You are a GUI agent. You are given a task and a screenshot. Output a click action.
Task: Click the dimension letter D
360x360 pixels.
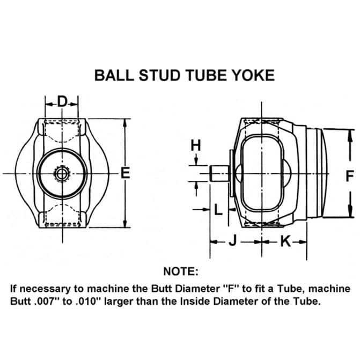point(62,101)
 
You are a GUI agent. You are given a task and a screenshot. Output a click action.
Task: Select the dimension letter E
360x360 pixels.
point(126,173)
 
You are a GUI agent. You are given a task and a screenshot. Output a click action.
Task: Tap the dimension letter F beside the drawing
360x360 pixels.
point(349,176)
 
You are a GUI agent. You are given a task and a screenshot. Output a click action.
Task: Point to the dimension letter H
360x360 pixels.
point(196,145)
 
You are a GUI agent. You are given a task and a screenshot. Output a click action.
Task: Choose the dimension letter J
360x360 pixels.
point(232,241)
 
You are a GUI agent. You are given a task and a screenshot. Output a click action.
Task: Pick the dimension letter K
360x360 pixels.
point(285,241)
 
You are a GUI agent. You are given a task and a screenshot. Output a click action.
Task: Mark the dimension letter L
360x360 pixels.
point(218,209)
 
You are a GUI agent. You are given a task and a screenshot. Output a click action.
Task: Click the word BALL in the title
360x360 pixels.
point(114,75)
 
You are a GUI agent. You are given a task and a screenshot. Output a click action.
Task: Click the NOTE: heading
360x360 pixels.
point(181,271)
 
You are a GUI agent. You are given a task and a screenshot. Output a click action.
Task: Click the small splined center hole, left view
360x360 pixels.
point(61,174)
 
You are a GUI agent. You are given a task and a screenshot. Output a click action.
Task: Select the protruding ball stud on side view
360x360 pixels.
point(219,173)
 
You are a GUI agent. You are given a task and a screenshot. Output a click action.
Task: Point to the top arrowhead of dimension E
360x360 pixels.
point(125,123)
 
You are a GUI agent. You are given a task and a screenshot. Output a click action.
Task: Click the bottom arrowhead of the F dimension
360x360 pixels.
point(350,211)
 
